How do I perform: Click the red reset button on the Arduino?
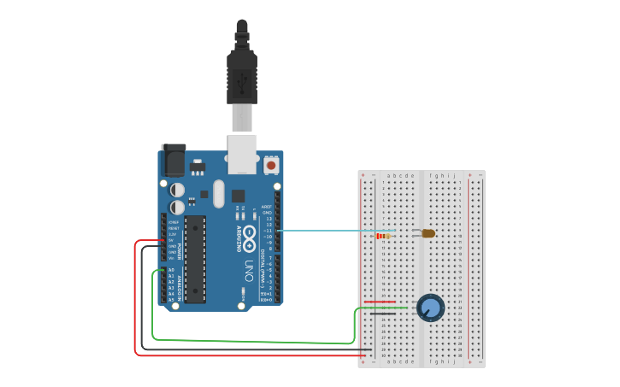[x=271, y=165]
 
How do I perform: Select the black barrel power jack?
[x=174, y=160]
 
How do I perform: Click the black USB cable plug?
[x=241, y=77]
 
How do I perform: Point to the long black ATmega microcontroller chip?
[x=195, y=259]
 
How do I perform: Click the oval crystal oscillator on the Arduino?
[x=218, y=193]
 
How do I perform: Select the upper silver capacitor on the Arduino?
[x=177, y=190]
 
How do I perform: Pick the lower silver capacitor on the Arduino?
[x=177, y=208]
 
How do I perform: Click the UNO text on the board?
[x=249, y=269]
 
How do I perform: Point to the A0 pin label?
[x=171, y=270]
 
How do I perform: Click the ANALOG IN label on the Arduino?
[x=180, y=285]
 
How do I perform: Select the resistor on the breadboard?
[x=382, y=236]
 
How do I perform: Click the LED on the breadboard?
[x=428, y=233]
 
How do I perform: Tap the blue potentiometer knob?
[x=430, y=308]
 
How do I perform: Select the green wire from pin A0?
[x=257, y=341]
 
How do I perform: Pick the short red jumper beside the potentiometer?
[x=380, y=302]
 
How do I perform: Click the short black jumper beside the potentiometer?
[x=381, y=314]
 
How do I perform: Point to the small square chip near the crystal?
[x=238, y=196]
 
